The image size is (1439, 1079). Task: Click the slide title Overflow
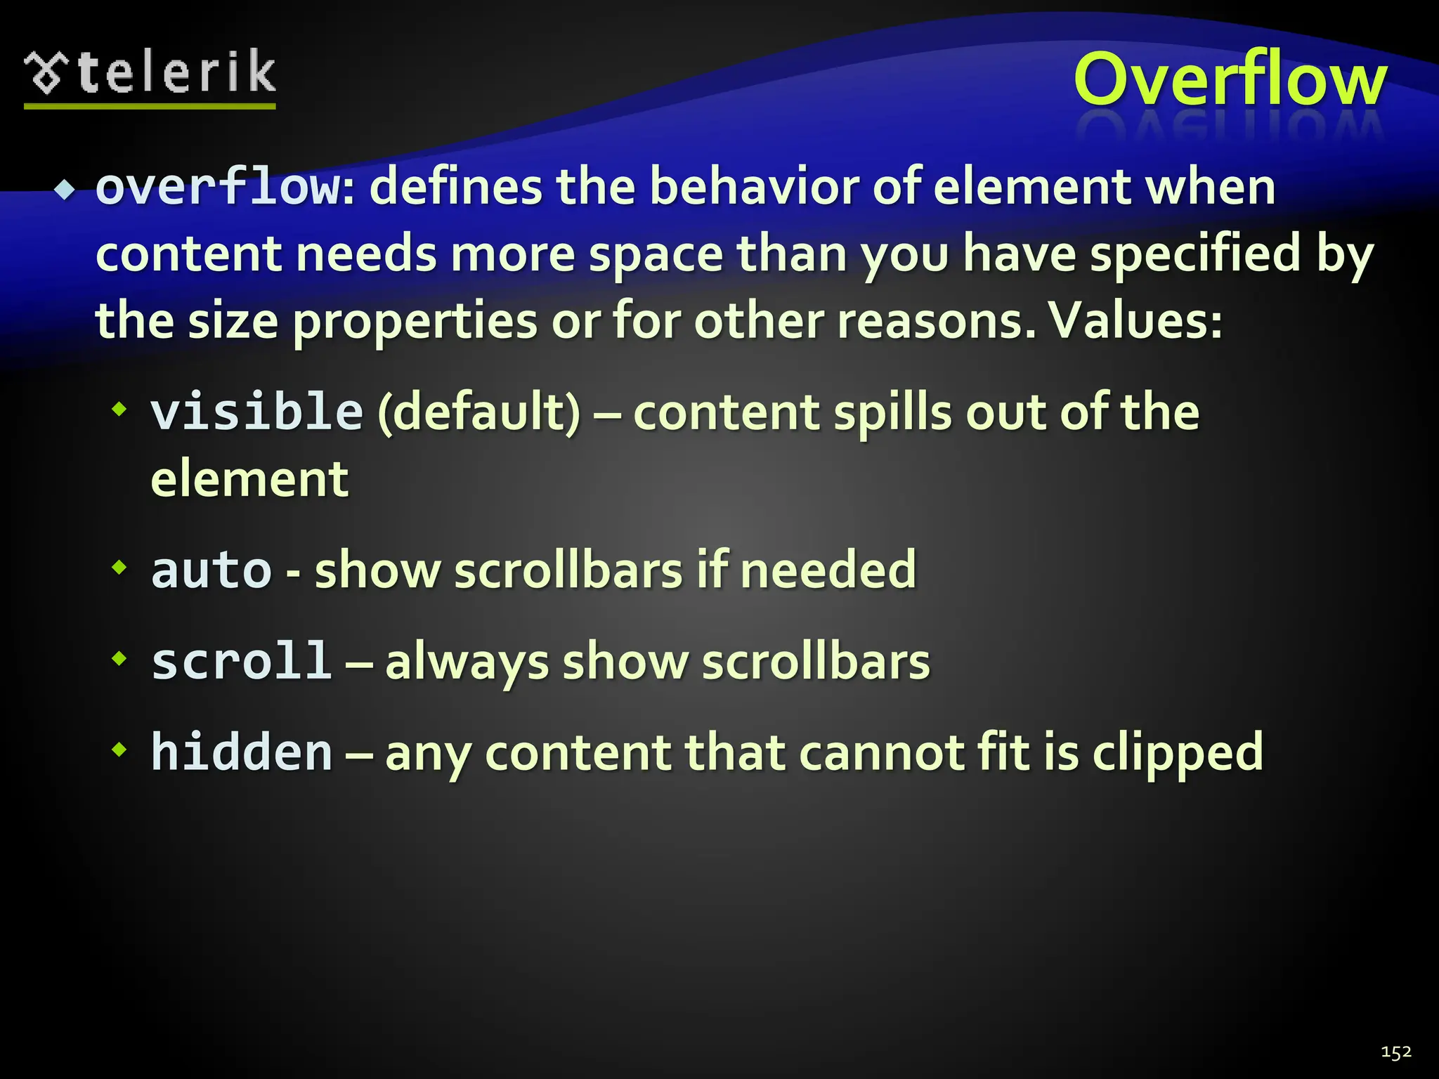click(1230, 80)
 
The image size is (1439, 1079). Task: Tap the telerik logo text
click(176, 73)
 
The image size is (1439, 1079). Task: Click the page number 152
click(1395, 1052)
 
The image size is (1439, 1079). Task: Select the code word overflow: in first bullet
click(225, 188)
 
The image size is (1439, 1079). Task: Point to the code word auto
click(211, 570)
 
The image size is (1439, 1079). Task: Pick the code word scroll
click(241, 662)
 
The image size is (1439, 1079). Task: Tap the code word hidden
click(242, 752)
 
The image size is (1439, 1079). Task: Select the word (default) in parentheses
click(479, 412)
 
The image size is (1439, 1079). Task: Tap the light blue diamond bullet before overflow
click(65, 190)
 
